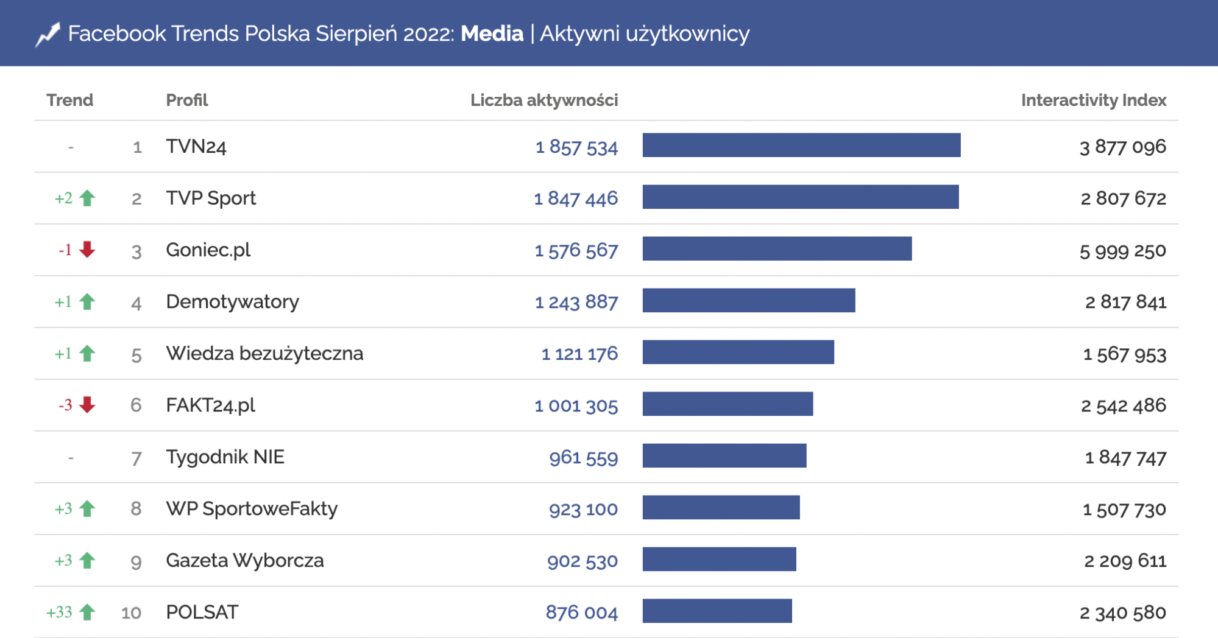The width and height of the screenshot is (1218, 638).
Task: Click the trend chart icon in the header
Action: point(48,34)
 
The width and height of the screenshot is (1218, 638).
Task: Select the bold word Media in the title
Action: point(492,33)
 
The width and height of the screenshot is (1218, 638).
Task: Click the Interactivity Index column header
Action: point(1093,100)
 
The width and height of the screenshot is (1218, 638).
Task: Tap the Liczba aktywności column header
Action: point(543,100)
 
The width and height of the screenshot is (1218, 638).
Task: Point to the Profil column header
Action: point(186,100)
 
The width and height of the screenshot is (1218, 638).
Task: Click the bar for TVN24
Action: point(801,145)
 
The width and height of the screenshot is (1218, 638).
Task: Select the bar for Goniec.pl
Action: point(777,249)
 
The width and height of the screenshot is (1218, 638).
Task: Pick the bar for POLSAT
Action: point(717,611)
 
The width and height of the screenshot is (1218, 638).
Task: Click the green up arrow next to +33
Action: point(88,612)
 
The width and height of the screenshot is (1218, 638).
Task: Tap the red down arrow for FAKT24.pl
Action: point(88,405)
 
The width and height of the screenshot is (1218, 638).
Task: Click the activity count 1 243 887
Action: point(576,302)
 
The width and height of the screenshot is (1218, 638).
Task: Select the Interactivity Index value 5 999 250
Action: point(1122,250)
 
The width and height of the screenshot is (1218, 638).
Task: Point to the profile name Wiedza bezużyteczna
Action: point(264,354)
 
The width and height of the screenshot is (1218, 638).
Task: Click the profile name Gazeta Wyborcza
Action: point(244,561)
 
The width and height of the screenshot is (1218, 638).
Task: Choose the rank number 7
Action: point(136,458)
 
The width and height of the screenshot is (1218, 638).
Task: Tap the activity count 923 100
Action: point(583,509)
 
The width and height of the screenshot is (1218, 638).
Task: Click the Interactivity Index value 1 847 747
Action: point(1125,457)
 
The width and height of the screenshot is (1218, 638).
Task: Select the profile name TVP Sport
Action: point(211,198)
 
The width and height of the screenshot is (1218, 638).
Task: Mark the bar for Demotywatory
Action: point(749,301)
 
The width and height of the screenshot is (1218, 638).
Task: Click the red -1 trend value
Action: point(65,250)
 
